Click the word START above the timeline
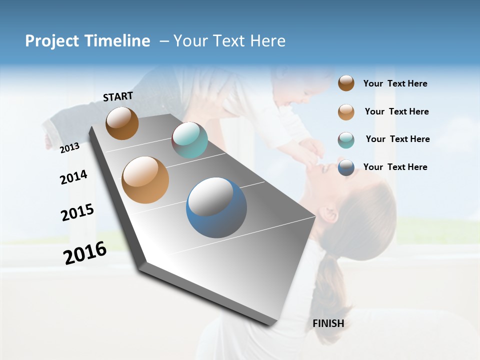pos(118,96)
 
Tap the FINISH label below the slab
pos(328,323)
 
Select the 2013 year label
pos(70,147)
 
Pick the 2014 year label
pos(73,177)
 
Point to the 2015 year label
pos(77,212)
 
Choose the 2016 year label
pos(85,253)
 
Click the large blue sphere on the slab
pos(216,207)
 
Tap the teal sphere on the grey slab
pos(189,140)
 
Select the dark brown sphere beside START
pos(122,123)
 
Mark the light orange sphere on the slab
pos(145,180)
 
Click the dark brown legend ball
pos(346,83)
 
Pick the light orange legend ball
pos(346,112)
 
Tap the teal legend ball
pos(346,140)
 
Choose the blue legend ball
pos(346,167)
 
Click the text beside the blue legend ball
pos(395,167)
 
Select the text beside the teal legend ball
pos(397,139)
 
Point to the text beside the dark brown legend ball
pos(395,84)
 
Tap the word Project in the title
pos(52,41)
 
